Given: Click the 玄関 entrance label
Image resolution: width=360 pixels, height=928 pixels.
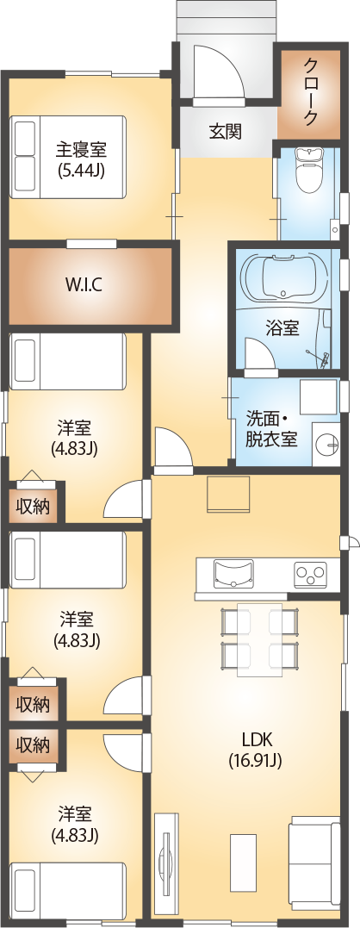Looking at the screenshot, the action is pos(226,130).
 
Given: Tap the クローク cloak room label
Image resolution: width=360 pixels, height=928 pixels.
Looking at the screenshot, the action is pos(310,90).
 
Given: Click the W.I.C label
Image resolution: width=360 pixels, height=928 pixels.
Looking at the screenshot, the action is pos(84,285).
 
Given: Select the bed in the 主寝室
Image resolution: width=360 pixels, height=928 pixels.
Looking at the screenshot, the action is pos(67,157).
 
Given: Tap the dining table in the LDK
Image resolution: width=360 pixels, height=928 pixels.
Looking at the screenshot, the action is pos(259,639).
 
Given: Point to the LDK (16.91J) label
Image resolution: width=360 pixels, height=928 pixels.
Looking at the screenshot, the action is pos(255,748).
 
